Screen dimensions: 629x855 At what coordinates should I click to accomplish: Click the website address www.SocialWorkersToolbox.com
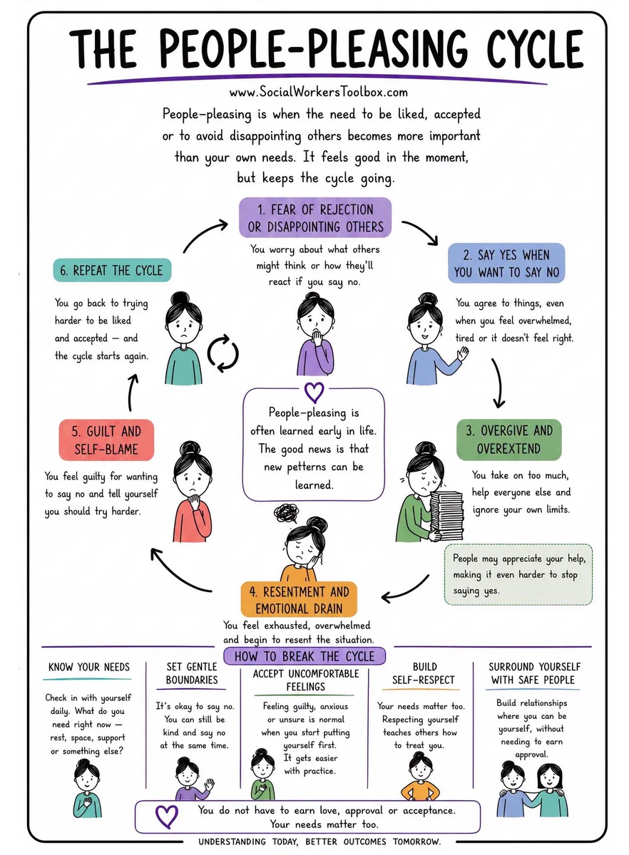(318, 92)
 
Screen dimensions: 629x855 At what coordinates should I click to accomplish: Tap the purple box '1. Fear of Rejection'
(315, 217)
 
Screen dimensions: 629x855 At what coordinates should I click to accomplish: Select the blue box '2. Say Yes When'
(506, 263)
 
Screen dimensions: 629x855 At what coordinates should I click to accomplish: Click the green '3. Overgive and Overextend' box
(509, 440)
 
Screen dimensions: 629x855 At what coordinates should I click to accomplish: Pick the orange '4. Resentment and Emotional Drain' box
(299, 599)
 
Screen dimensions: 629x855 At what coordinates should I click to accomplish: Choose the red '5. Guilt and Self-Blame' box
(106, 440)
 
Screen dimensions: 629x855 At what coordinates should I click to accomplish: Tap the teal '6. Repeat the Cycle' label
(112, 270)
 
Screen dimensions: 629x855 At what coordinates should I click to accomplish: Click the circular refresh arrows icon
(223, 353)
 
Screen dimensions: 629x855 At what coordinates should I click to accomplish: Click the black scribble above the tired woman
(287, 514)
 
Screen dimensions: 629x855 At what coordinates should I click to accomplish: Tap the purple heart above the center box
(314, 393)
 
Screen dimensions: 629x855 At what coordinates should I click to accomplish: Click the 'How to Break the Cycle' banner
(305, 656)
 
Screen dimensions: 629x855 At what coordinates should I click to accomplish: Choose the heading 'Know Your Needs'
(88, 667)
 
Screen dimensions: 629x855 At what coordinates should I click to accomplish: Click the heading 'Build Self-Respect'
(424, 673)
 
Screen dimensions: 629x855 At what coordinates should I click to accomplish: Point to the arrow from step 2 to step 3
(498, 383)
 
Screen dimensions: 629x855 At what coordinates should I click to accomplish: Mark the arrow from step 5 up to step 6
(131, 393)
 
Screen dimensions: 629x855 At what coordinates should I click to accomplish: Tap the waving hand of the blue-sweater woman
(463, 354)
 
